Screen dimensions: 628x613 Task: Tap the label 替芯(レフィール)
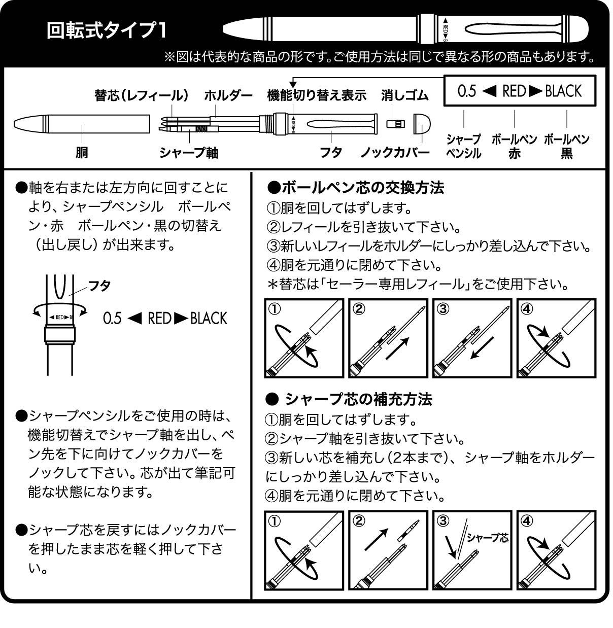pyautogui.click(x=142, y=95)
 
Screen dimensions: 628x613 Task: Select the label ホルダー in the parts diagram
pyautogui.click(x=228, y=95)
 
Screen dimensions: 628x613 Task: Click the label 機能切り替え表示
pyautogui.click(x=317, y=95)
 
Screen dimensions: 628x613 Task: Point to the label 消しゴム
pyautogui.click(x=405, y=95)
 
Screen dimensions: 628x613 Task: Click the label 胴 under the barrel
pyautogui.click(x=82, y=152)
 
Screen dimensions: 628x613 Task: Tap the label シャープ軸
pyautogui.click(x=189, y=152)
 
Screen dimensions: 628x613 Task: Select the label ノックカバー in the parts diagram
pyautogui.click(x=395, y=152)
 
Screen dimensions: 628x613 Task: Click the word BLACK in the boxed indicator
pyautogui.click(x=563, y=91)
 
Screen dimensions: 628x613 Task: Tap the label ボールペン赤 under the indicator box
pyautogui.click(x=514, y=146)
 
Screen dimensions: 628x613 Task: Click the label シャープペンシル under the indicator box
pyautogui.click(x=463, y=146)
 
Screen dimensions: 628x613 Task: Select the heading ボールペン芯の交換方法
pyautogui.click(x=355, y=188)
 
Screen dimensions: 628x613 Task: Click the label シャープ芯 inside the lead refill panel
pyautogui.click(x=488, y=538)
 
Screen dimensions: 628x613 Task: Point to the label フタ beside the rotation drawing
pyautogui.click(x=99, y=285)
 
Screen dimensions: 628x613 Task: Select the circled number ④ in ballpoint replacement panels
pyautogui.click(x=527, y=309)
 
